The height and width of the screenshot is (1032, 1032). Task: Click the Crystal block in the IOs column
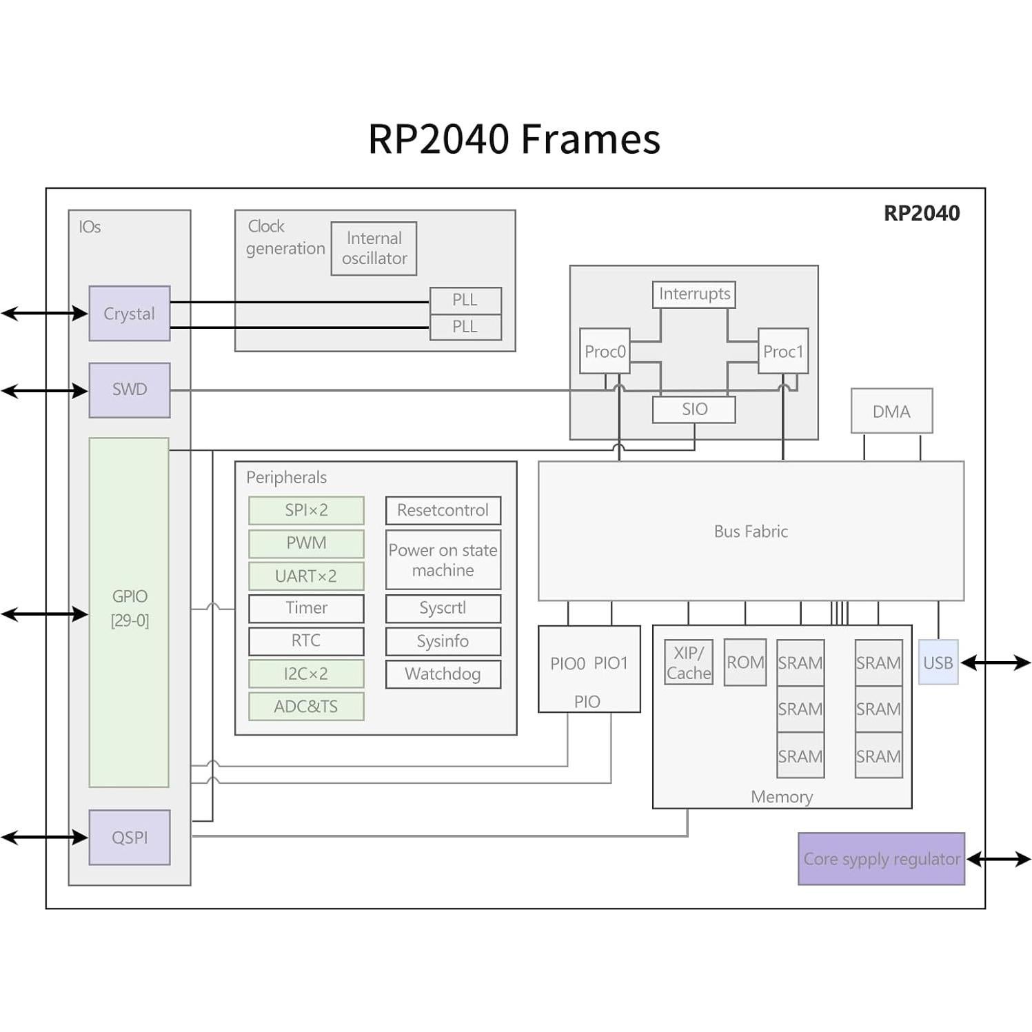pos(130,314)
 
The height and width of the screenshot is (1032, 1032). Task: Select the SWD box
pos(130,389)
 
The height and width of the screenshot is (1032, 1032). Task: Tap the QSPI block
pos(130,837)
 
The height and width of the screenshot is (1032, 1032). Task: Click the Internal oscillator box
pos(374,248)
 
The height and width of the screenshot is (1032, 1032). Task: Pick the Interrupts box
pos(694,294)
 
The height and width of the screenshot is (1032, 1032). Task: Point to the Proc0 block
pos(605,352)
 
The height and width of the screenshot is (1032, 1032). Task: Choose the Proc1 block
pos(782,352)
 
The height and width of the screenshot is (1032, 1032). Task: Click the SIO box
pos(694,409)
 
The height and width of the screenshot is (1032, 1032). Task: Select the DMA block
pos(891,412)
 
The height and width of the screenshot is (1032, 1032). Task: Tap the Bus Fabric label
pos(750,532)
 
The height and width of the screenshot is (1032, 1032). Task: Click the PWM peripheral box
pos(306,543)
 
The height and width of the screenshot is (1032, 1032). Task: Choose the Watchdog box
pos(443,674)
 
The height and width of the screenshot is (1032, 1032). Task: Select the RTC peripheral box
pos(306,641)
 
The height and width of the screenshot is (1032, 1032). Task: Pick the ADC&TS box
pos(306,707)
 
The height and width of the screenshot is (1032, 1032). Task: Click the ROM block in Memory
pos(745,662)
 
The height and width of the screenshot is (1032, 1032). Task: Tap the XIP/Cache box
pos(688,662)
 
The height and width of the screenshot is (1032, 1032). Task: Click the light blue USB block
pos(938,662)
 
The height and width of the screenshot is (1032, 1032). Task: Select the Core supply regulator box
pos(881,859)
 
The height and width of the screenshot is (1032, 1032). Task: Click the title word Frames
pos(590,139)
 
